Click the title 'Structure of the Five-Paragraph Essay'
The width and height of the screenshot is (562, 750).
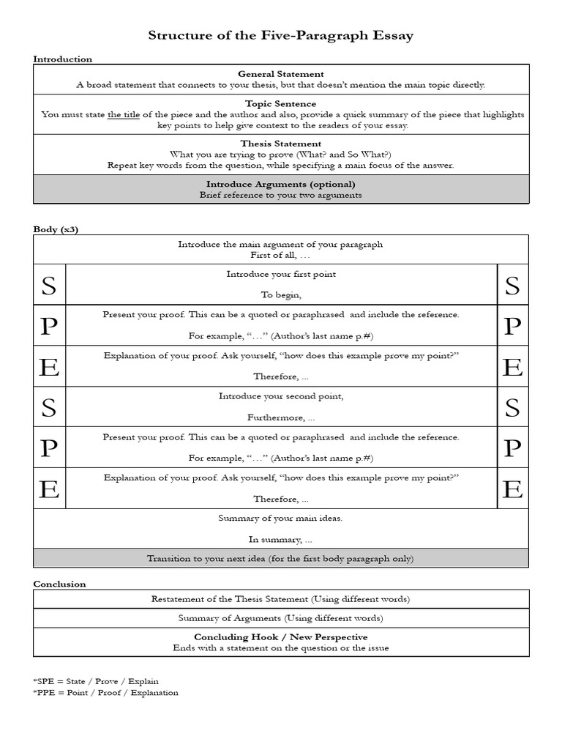click(280, 35)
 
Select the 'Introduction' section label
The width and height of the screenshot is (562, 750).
click(62, 59)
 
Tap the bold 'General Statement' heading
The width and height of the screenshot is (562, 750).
click(280, 74)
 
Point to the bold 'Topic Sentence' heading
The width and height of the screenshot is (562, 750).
click(280, 104)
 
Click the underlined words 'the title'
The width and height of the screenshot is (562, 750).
click(124, 115)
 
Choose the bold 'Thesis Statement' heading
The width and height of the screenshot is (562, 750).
click(280, 144)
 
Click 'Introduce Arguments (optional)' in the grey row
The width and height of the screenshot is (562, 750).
click(280, 184)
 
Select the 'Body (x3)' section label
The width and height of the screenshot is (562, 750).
click(56, 229)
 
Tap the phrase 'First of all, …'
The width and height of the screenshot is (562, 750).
click(280, 255)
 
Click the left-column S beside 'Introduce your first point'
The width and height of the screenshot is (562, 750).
click(49, 286)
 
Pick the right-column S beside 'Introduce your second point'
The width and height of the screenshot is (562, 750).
click(512, 407)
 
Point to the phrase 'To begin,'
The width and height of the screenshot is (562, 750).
click(280, 295)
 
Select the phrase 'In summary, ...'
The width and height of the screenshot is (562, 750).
click(280, 539)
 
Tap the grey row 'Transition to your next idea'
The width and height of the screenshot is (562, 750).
click(280, 558)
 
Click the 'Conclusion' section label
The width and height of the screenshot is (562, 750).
click(59, 584)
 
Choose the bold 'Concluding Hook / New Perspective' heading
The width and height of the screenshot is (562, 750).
click(280, 637)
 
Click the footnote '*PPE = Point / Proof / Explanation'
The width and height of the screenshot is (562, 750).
click(105, 692)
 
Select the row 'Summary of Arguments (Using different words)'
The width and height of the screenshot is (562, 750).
click(280, 618)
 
